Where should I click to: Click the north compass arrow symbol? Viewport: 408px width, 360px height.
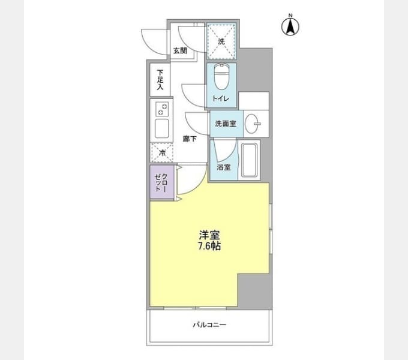290,25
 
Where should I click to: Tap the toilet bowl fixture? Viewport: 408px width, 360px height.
221,77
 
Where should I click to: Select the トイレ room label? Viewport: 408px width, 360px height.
221,98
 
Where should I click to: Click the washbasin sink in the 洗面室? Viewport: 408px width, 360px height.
253,124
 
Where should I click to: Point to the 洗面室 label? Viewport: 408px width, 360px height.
226,124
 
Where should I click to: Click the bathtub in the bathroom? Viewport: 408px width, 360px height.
249,160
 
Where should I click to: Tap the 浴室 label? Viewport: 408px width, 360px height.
224,167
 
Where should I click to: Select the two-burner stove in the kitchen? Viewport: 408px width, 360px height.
161,109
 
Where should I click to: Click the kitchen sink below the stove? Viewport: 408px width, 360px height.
161,128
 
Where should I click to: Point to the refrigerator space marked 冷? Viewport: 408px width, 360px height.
162,153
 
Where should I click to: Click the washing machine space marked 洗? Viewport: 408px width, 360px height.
221,41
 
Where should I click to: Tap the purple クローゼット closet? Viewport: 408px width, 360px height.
162,182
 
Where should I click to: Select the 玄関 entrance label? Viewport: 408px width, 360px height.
180,51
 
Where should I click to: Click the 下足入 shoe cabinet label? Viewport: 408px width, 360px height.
160,80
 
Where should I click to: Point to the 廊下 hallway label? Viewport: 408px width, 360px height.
190,139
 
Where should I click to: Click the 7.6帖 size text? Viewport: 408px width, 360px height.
209,246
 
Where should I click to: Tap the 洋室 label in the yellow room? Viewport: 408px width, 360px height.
209,235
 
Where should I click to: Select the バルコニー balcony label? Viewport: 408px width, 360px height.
209,325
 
